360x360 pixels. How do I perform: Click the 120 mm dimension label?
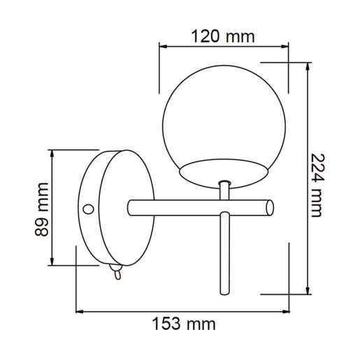coord(223,36)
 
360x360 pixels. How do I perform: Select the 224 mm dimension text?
coord(317,185)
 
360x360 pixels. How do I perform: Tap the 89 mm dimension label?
coord(42,209)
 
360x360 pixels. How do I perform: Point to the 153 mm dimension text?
coord(184,324)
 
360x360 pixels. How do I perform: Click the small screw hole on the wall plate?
coord(88,209)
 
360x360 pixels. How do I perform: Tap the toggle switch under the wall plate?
coord(116,271)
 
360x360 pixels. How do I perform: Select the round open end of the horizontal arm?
coord(270,208)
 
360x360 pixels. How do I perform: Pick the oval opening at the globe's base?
coord(224,173)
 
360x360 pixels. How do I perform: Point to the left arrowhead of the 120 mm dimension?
coord(162,46)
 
